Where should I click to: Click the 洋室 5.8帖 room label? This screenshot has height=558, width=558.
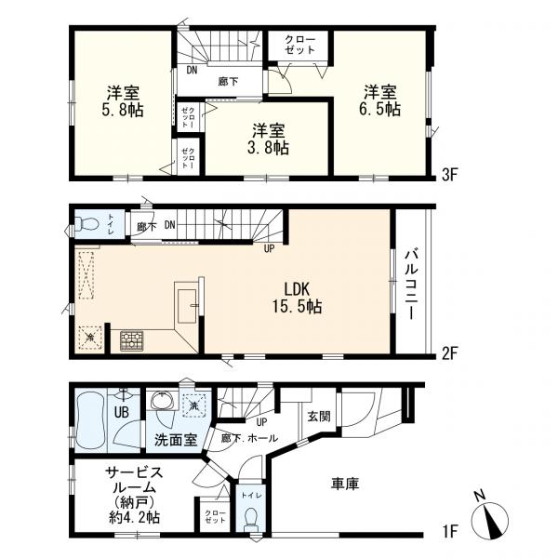(x=123, y=101)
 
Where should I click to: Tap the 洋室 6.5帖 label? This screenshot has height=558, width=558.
(x=379, y=100)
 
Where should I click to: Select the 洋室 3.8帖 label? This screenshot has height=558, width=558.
(x=269, y=139)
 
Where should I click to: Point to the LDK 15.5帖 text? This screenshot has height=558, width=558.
(x=298, y=298)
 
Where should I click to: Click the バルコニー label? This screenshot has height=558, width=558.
(x=411, y=285)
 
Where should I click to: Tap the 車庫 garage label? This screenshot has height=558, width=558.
(x=345, y=484)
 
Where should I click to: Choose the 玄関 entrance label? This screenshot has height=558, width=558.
(x=319, y=417)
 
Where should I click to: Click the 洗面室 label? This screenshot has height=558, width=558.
(x=176, y=440)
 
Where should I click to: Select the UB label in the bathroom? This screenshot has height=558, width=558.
(x=121, y=412)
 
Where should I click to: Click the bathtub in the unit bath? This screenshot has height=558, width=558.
(x=91, y=420)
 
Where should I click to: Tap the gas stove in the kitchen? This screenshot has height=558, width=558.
(x=132, y=341)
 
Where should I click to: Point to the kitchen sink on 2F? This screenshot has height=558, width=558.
(x=187, y=306)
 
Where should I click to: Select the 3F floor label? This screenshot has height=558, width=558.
(x=449, y=175)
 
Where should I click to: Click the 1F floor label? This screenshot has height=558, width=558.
(x=449, y=531)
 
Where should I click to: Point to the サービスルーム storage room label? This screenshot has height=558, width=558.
(x=134, y=495)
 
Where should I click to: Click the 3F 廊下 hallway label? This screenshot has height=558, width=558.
(x=228, y=82)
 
